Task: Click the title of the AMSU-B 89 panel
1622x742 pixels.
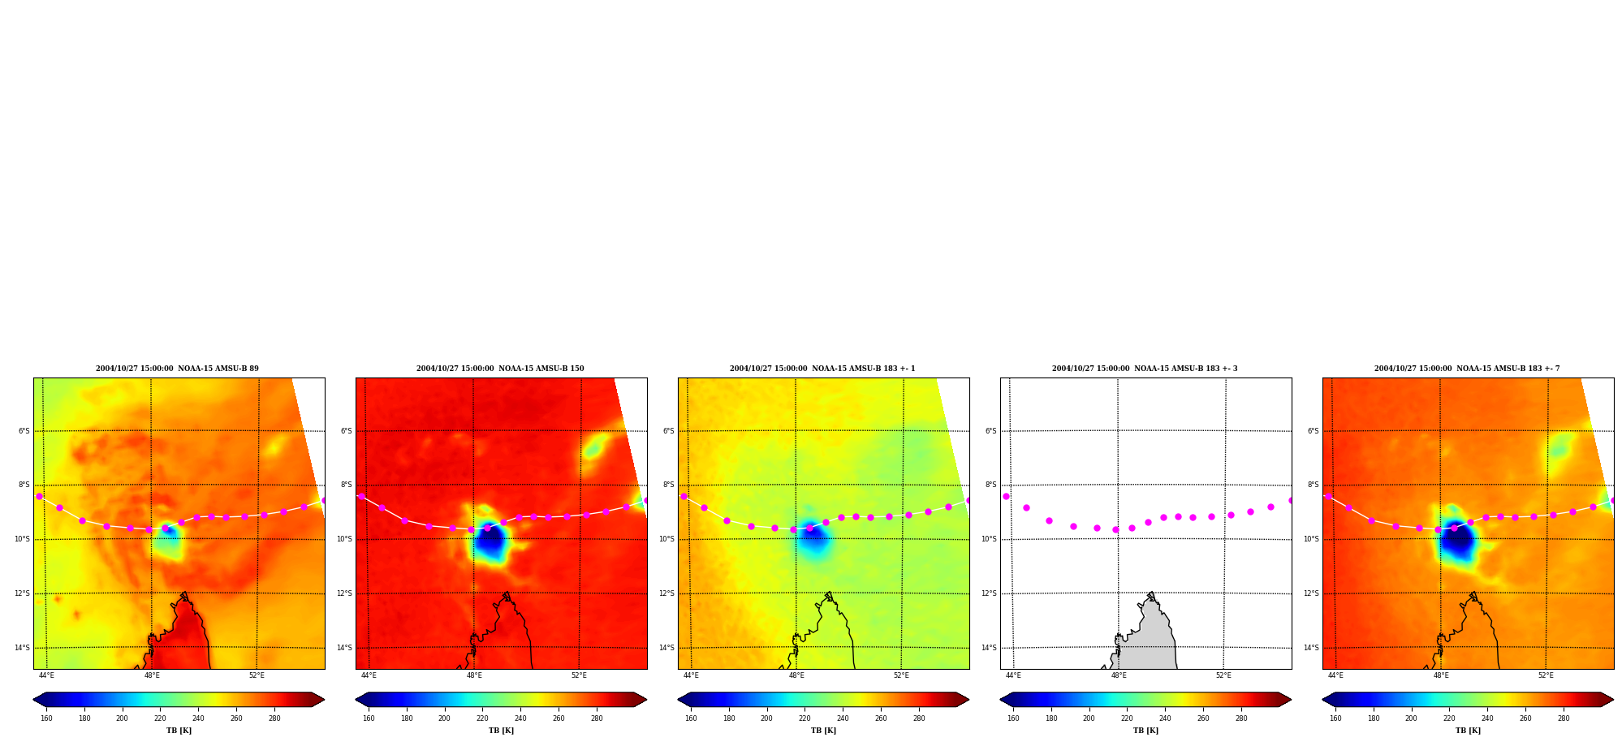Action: tap(177, 369)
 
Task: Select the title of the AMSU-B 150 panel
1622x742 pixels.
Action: tap(500, 369)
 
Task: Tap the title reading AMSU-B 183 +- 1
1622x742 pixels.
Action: tap(822, 369)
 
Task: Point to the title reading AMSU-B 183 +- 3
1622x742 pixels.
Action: tap(1145, 369)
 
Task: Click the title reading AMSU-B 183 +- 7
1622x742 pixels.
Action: tap(1467, 369)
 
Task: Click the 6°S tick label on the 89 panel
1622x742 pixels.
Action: tap(24, 431)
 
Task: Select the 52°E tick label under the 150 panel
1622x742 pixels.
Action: tap(579, 675)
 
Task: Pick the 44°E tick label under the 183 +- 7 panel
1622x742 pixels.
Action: tap(1335, 675)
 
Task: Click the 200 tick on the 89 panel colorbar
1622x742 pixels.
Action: tap(122, 718)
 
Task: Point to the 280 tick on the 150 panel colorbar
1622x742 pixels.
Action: tap(597, 718)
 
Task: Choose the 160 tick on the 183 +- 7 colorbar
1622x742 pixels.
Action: tap(1335, 718)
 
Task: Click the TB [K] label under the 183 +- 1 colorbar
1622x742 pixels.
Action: tap(823, 731)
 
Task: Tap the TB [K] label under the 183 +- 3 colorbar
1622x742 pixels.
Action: tap(1145, 731)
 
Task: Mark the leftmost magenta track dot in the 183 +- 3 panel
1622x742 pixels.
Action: tap(1006, 496)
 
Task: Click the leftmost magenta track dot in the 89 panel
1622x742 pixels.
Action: tap(39, 496)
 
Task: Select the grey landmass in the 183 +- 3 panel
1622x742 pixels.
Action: tap(1145, 637)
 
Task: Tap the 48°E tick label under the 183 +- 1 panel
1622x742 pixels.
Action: tap(796, 675)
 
